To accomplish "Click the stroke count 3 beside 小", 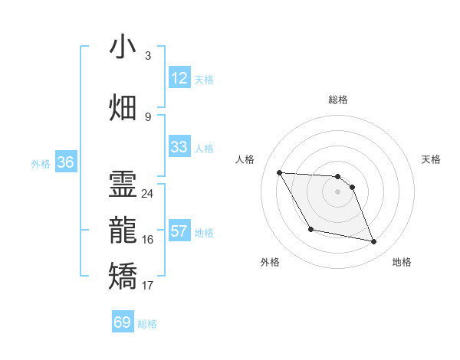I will pos(147,56).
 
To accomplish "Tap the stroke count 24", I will pos(147,194).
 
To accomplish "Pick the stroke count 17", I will pos(147,286).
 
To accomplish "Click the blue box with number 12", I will pos(179,78).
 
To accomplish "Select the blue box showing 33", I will pos(179,147).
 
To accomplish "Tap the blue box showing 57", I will pos(179,231).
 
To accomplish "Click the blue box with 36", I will pos(66,162).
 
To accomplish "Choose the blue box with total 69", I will pos(123,322).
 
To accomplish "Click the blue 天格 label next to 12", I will pos(204,80).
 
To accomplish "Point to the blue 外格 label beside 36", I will pos(41,164).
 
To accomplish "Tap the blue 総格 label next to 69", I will pos(147,324).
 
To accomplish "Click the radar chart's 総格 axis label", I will pos(338,100).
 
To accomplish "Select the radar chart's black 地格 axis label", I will pos(402,262).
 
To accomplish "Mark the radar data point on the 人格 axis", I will pos(280,172).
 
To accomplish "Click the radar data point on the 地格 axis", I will pos(374,242).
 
